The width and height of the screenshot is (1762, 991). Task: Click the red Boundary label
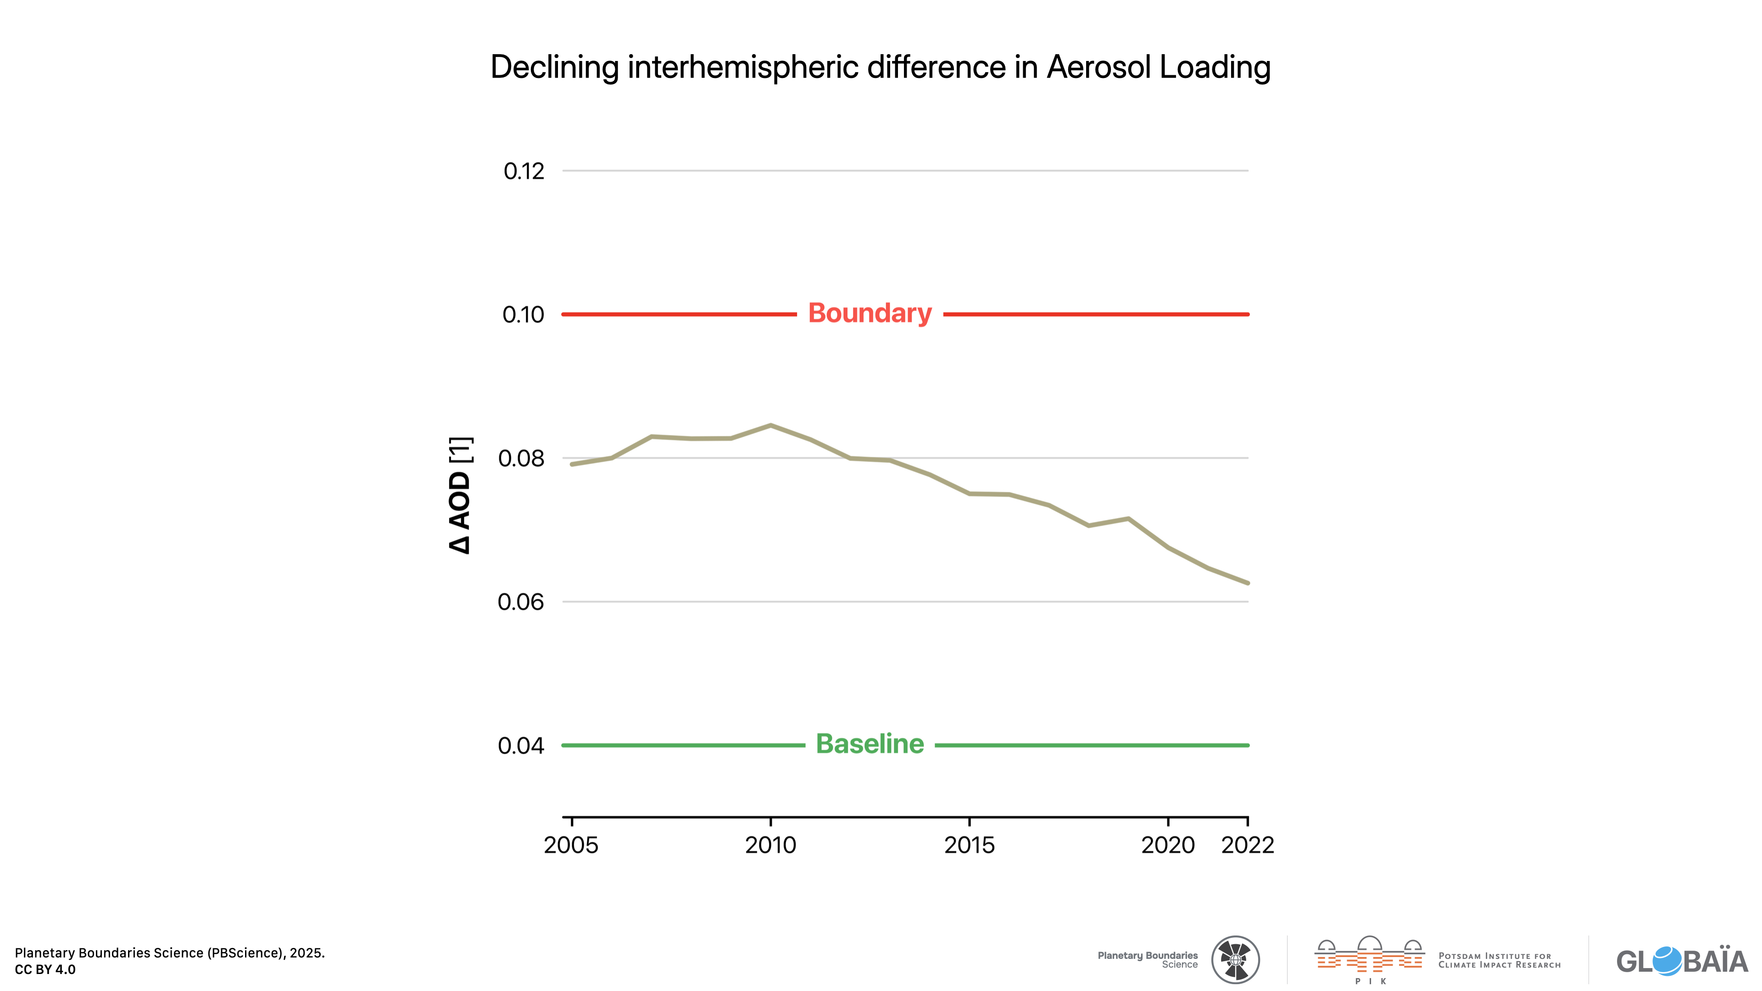click(870, 313)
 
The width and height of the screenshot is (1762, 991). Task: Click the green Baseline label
click(870, 744)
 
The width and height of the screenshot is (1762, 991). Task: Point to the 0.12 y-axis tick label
click(524, 171)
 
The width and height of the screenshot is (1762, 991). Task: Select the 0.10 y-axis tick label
click(523, 315)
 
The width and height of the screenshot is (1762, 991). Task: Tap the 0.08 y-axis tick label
click(521, 458)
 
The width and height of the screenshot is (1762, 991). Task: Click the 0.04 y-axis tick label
click(521, 746)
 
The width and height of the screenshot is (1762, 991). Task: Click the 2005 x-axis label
click(570, 845)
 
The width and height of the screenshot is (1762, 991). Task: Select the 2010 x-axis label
click(770, 845)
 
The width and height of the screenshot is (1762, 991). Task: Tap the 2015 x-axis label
click(969, 845)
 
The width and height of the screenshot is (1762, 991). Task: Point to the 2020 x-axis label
click(1168, 845)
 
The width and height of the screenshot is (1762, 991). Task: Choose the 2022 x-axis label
click(1248, 845)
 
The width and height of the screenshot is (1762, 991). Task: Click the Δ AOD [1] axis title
click(460, 495)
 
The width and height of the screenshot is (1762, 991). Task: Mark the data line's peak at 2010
click(770, 425)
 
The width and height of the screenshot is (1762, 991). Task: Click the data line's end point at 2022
click(1248, 583)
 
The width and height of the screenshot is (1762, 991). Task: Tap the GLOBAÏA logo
click(1681, 961)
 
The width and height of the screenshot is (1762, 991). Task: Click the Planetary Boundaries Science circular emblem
click(1235, 959)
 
